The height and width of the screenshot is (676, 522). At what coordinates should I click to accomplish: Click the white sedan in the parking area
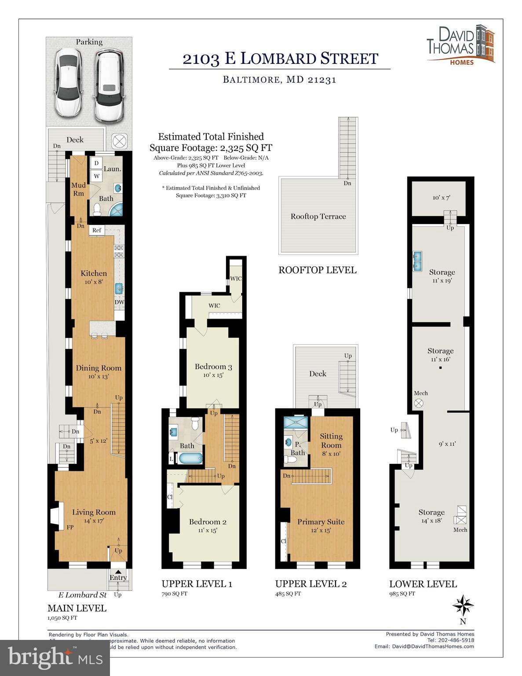(x=68, y=83)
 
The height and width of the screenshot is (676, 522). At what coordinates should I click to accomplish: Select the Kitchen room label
(x=94, y=273)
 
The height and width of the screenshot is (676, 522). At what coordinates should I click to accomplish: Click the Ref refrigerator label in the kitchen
(x=97, y=230)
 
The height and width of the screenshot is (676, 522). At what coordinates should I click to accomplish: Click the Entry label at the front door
(x=118, y=577)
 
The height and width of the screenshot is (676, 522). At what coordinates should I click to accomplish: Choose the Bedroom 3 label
(x=213, y=367)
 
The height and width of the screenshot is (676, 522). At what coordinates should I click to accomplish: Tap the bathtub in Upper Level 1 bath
(x=191, y=458)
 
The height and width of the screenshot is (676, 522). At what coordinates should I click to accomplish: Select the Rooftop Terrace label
(x=318, y=217)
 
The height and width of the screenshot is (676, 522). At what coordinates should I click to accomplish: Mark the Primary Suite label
(x=321, y=522)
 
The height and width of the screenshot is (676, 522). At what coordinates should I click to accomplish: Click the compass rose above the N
(x=463, y=605)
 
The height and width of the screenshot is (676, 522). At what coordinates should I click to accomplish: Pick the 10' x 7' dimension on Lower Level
(x=441, y=198)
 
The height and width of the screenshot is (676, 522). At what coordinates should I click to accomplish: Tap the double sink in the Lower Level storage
(x=417, y=261)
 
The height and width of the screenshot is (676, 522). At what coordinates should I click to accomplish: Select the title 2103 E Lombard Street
(x=280, y=59)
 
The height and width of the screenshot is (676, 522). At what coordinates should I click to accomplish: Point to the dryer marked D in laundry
(x=96, y=163)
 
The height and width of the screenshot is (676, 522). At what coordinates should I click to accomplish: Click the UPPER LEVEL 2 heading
(x=310, y=584)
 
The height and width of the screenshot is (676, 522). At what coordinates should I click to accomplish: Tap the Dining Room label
(x=99, y=368)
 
